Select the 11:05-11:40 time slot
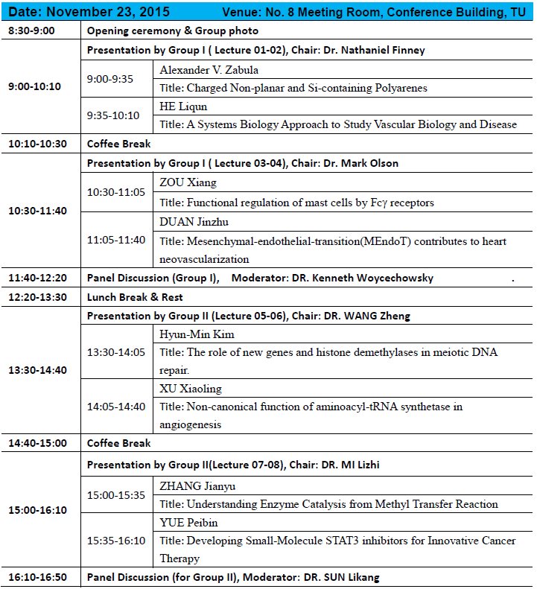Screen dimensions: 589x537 [x=117, y=239]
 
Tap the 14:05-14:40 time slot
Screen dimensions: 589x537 [x=117, y=407]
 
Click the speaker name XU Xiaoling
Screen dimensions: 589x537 [x=191, y=388]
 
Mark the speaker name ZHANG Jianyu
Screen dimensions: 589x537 [x=199, y=485]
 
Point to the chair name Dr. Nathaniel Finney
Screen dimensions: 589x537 [x=375, y=50]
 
